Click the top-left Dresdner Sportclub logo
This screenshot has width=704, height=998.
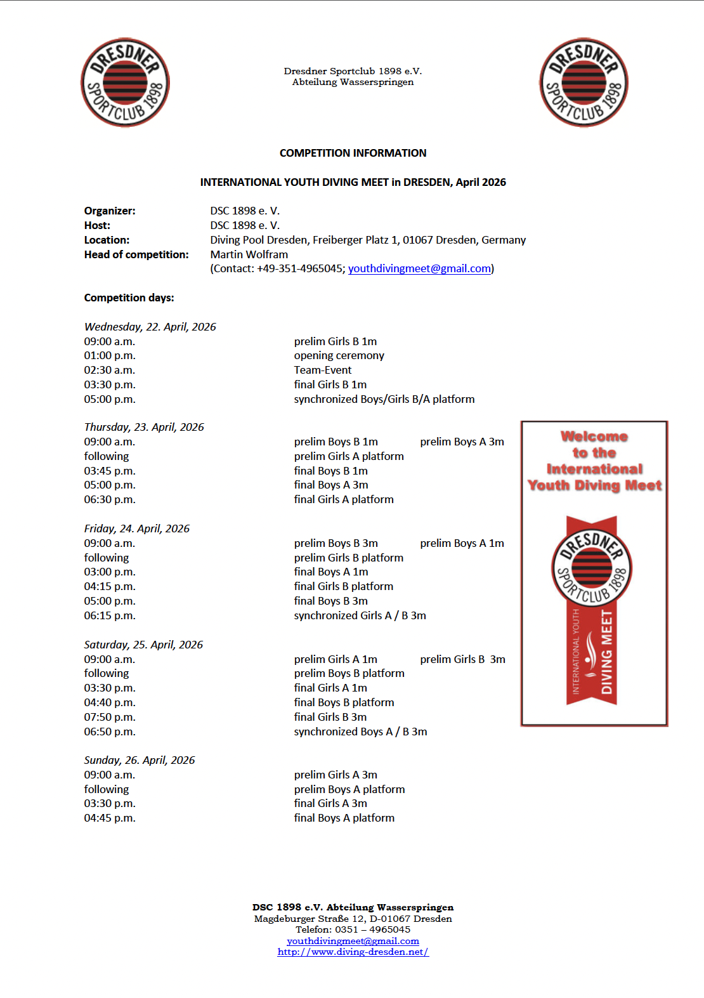[x=125, y=82]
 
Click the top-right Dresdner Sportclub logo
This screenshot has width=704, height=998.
[x=583, y=82]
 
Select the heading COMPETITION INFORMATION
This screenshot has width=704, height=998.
[x=353, y=153]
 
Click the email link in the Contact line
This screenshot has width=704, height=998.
[x=419, y=268]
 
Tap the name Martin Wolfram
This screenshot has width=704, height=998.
[x=249, y=254]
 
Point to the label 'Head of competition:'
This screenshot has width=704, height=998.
[x=136, y=254]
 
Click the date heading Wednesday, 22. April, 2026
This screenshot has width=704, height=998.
[x=150, y=327]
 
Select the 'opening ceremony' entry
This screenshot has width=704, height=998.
[x=339, y=355]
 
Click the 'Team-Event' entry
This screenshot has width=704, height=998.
[x=322, y=370]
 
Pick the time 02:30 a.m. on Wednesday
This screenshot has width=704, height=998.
[x=109, y=370]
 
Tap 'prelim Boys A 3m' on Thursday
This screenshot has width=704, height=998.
[x=462, y=442]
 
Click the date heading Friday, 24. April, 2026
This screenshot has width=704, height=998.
[x=136, y=529]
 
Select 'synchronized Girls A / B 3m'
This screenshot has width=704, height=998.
[x=360, y=615]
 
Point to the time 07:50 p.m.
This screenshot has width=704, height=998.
[x=109, y=717]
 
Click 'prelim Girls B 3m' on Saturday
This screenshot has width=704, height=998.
[x=462, y=659]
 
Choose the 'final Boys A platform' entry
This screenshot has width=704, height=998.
[x=344, y=818]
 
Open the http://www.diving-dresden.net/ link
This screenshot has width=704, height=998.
[x=353, y=952]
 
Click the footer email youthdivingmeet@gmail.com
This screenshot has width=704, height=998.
[x=353, y=941]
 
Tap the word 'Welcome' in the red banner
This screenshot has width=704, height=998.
[x=594, y=437]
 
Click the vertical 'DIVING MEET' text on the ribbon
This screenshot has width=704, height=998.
[x=606, y=652]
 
